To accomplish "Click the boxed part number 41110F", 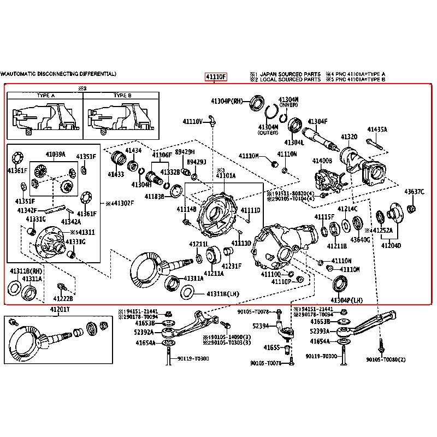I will pos(215,76).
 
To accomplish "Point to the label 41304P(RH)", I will pos(227,101).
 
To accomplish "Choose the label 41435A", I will pos(377,129).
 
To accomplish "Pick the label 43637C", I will pos(414,191).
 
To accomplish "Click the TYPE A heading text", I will pos(45,96).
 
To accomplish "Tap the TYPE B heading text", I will pos(121,96).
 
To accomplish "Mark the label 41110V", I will pos(193,121).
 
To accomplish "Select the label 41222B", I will pos(63,298).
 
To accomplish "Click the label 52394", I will pos(261,326).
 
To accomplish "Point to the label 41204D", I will pos(391,246).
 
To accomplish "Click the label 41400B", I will pos(322,161).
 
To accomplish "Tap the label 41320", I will pos(349,137).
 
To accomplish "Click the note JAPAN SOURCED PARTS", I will pos(290,73).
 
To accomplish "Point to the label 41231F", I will pos(231,266).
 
